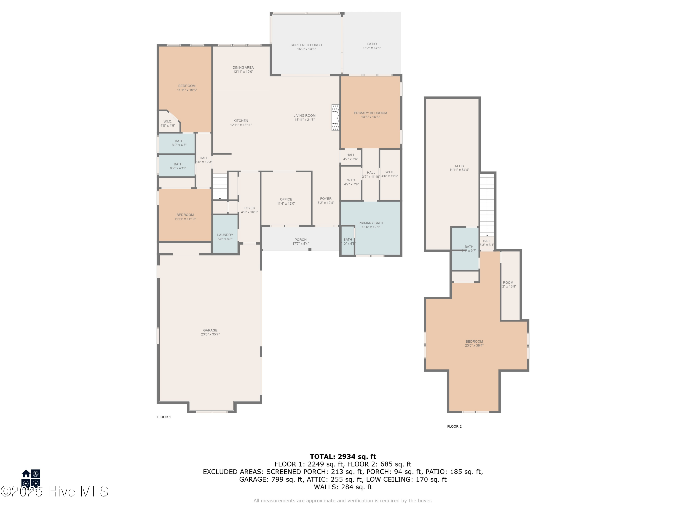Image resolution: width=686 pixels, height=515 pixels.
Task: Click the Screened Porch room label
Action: coord(306,45)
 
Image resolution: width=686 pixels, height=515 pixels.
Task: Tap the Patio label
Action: coord(372,44)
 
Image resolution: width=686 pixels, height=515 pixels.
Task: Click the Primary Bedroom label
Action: coord(370,113)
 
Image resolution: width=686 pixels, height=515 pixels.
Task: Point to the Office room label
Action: coord(286,199)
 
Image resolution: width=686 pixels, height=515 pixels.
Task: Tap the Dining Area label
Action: coord(243,67)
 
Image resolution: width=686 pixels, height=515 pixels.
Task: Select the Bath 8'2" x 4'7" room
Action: coord(177,143)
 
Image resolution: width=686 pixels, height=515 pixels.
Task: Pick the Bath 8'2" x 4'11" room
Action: coord(177,166)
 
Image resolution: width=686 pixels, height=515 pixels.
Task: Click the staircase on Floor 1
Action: coord(220,187)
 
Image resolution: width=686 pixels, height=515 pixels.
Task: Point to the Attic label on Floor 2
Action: coord(459,166)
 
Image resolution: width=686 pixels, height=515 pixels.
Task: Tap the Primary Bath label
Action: coord(371,223)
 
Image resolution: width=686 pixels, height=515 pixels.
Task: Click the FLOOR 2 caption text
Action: coord(454,426)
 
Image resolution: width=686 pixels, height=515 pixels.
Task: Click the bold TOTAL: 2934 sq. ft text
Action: coord(343,456)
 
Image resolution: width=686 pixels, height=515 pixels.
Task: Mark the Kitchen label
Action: coord(241,121)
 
